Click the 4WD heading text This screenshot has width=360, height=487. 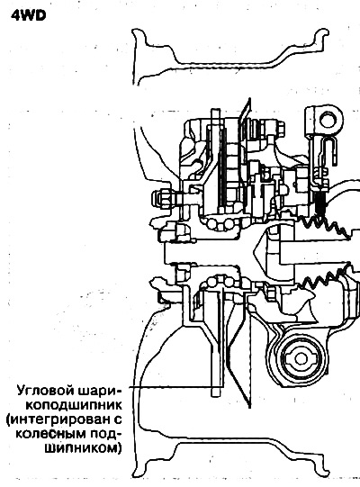click(x=28, y=15)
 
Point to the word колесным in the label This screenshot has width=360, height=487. click(x=50, y=434)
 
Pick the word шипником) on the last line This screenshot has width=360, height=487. click(x=83, y=448)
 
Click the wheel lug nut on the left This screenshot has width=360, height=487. click(x=161, y=199)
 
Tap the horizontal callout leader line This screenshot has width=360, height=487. click(x=175, y=387)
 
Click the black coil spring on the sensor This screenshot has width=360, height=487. click(x=320, y=203)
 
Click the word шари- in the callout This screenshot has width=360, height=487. click(x=100, y=391)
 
